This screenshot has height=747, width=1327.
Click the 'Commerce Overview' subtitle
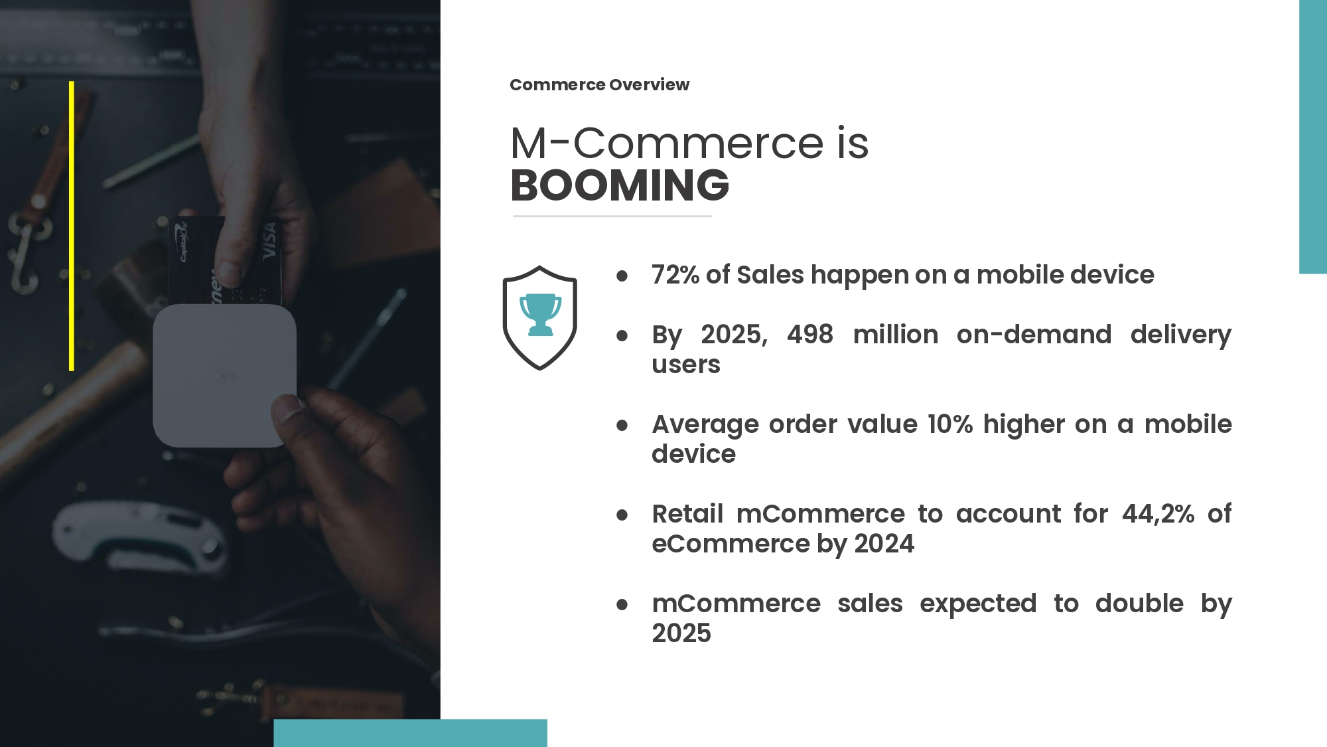pyautogui.click(x=599, y=85)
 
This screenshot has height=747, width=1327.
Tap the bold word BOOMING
pyautogui.click(x=620, y=185)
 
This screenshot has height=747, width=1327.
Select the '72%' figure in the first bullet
pyautogui.click(x=675, y=274)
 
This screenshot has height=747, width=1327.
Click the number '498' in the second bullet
pyautogui.click(x=809, y=334)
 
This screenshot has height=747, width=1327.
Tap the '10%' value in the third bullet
pyautogui.click(x=950, y=424)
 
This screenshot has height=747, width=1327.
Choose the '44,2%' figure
pyautogui.click(x=1158, y=514)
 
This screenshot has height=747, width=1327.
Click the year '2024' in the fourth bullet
pyautogui.click(x=884, y=544)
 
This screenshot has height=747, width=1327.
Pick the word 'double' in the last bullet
pyautogui.click(x=1139, y=603)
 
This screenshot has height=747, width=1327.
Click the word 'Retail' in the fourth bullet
pyautogui.click(x=687, y=513)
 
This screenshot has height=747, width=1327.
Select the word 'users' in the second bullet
pyautogui.click(x=686, y=365)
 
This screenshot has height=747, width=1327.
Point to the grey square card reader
pyautogui.click(x=224, y=376)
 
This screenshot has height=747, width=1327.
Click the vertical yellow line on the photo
pyautogui.click(x=72, y=226)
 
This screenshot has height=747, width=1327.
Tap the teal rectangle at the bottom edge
pyautogui.click(x=410, y=733)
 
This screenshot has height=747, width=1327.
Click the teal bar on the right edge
pyautogui.click(x=1313, y=137)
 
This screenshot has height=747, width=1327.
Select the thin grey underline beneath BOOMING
pyautogui.click(x=612, y=216)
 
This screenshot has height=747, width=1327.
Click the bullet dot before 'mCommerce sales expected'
pyautogui.click(x=622, y=604)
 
